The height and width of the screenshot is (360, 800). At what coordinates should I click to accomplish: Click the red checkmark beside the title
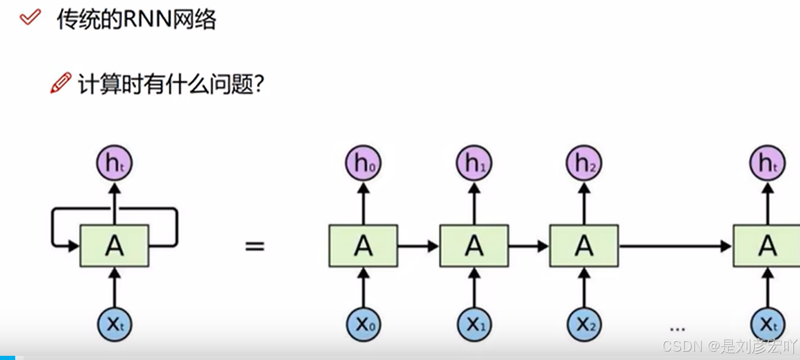click(30, 18)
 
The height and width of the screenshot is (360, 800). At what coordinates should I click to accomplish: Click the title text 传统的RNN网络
click(136, 20)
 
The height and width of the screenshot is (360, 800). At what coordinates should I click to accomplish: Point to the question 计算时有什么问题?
click(170, 84)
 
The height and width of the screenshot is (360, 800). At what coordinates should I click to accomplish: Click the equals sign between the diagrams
click(255, 246)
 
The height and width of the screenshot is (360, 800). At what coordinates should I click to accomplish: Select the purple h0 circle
click(363, 164)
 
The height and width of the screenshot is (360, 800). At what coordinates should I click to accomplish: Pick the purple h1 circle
click(474, 164)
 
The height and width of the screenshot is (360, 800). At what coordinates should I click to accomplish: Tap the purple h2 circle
click(584, 164)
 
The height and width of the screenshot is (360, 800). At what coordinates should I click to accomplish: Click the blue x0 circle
click(363, 324)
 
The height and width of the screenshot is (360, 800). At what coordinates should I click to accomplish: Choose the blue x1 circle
click(474, 324)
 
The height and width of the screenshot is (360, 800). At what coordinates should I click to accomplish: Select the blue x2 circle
click(584, 324)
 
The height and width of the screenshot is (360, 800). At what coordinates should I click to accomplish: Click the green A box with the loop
click(114, 246)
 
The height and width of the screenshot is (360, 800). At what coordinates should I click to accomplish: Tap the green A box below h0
click(363, 246)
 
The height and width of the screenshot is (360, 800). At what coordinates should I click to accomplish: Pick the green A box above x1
click(474, 246)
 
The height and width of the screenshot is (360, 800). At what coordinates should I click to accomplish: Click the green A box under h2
click(584, 246)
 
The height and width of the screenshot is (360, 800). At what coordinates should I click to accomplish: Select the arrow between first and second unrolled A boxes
click(418, 246)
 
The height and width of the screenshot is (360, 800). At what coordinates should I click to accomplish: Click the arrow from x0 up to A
click(363, 287)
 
